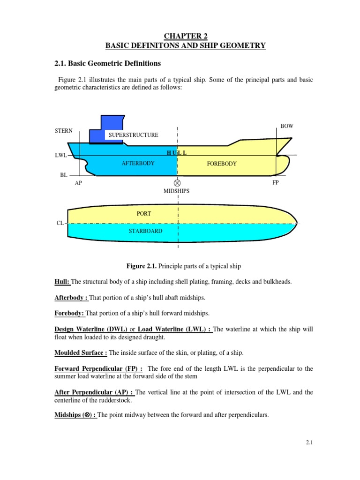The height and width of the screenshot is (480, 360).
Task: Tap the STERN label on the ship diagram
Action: click(64, 131)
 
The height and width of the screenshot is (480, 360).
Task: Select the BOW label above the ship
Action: click(286, 127)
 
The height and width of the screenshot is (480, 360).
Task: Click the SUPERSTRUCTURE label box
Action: click(134, 135)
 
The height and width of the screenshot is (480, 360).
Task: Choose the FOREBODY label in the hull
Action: click(222, 164)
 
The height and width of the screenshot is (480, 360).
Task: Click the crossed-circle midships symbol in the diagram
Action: click(177, 183)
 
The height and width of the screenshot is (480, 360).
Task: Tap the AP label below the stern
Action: click(78, 183)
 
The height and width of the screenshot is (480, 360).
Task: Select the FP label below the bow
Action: click(276, 182)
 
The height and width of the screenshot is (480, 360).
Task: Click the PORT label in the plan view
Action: click(144, 214)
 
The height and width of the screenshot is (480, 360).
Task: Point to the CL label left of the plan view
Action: click(60, 224)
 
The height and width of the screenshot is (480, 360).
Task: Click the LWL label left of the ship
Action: click(61, 155)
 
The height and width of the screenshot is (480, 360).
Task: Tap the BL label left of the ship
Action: click(64, 174)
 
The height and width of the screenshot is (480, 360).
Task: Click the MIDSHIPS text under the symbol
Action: click(177, 192)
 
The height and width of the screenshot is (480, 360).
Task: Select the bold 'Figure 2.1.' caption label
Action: click(142, 266)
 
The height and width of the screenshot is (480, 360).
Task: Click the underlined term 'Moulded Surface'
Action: click(81, 352)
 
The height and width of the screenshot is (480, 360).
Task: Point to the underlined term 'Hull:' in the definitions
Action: click(62, 281)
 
